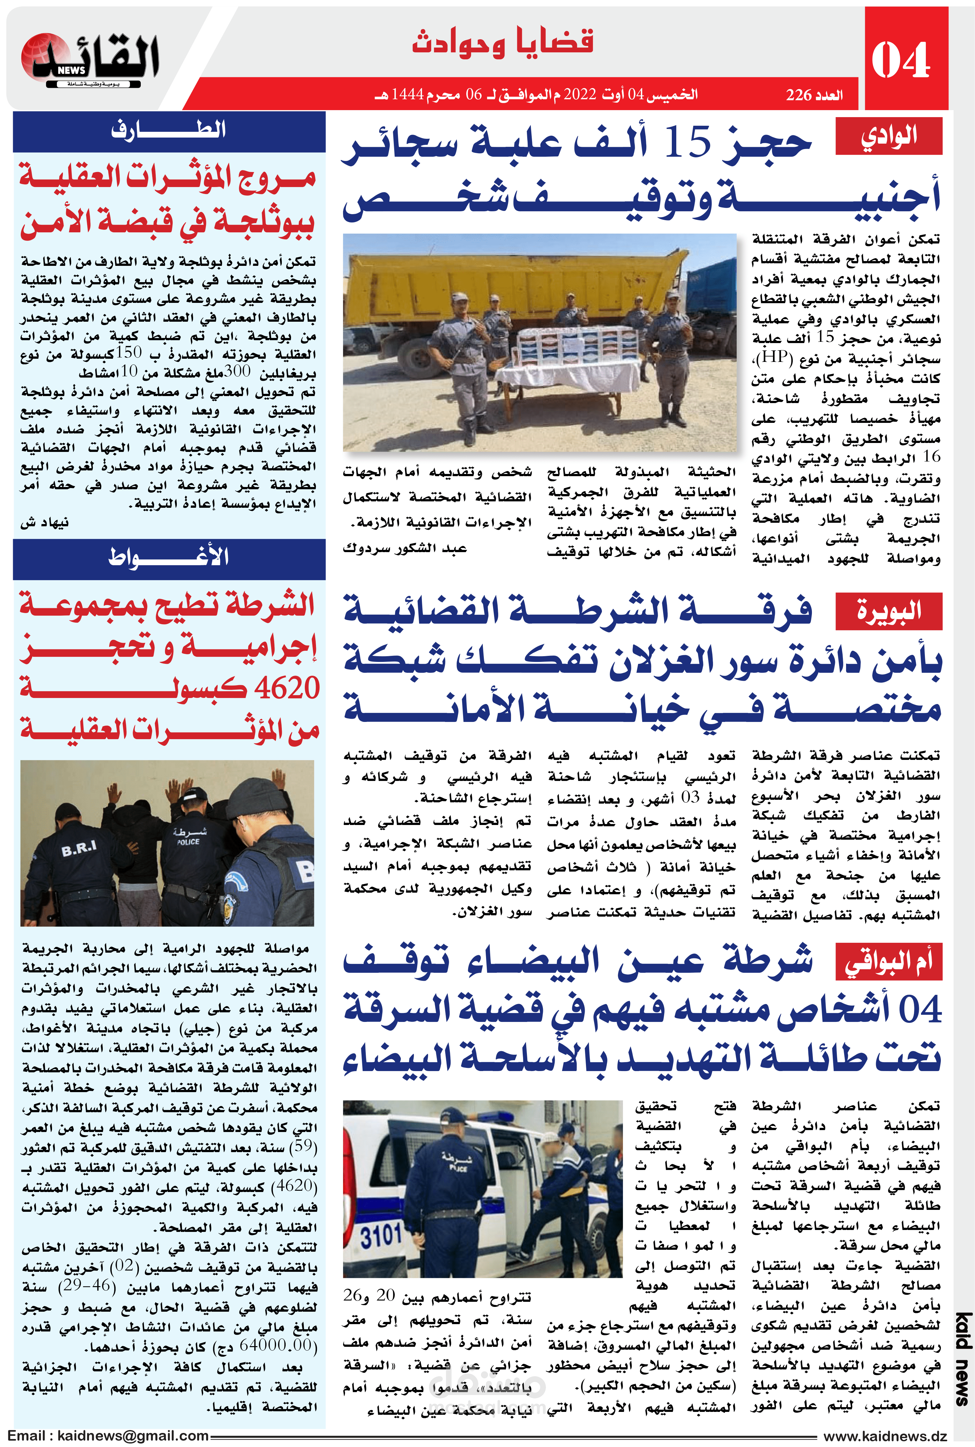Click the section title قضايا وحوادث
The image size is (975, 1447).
click(502, 42)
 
